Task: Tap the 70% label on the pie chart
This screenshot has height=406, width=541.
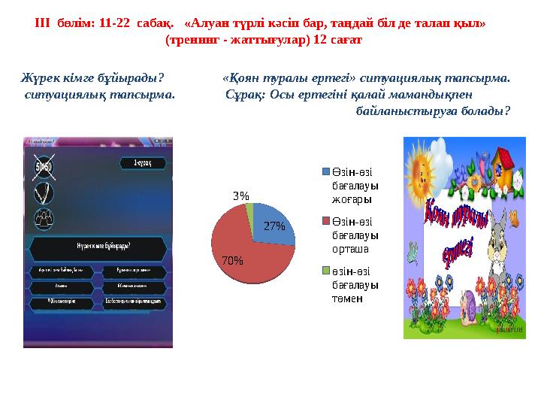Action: pyautogui.click(x=233, y=261)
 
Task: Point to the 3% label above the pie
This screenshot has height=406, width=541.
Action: pyautogui.click(x=241, y=195)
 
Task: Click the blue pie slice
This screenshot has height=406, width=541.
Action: pyautogui.click(x=268, y=222)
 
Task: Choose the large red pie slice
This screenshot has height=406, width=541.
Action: pyautogui.click(x=240, y=248)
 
